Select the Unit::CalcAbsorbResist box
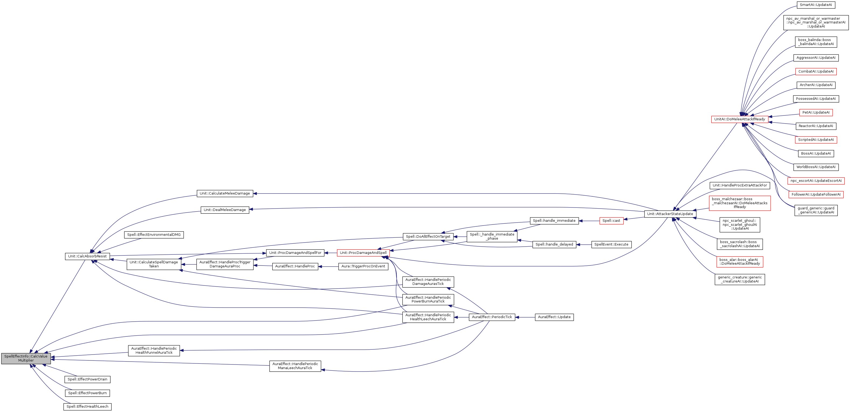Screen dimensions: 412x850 click(x=87, y=256)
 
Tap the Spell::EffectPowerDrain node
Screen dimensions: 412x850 click(x=87, y=379)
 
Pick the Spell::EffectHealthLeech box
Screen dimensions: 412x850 click(x=87, y=406)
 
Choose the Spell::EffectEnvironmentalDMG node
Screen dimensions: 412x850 click(x=154, y=235)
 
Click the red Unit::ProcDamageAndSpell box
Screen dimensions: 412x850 click(x=363, y=253)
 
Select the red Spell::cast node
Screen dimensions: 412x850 click(x=611, y=220)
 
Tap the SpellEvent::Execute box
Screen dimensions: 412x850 click(x=611, y=244)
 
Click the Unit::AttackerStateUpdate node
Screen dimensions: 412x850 click(x=670, y=214)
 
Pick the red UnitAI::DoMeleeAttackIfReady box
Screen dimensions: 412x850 click(x=739, y=119)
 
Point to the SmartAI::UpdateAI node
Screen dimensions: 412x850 click(x=816, y=5)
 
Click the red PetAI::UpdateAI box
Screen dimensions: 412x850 click(x=816, y=113)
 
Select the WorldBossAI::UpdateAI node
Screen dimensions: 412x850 click(x=816, y=167)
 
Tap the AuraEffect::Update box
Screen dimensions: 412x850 click(x=554, y=317)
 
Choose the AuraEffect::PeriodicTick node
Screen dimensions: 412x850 click(x=492, y=317)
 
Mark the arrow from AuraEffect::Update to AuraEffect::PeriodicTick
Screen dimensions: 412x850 click(x=525, y=317)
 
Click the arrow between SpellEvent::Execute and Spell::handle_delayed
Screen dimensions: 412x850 click(x=584, y=245)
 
